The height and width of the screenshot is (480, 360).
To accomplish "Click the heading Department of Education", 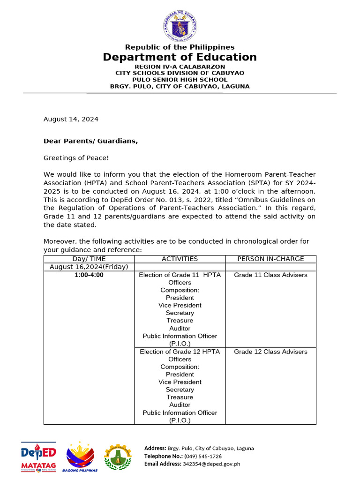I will [180, 57].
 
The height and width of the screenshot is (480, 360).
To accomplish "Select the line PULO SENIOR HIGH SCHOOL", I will [180, 80].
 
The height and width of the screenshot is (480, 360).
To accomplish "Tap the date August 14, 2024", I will [71, 119].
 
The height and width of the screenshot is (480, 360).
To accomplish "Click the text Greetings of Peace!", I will [76, 158].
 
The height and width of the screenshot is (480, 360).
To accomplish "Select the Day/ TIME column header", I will [89, 259].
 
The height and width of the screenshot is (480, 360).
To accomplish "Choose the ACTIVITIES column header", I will [180, 259].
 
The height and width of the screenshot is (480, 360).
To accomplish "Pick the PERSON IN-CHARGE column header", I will [270, 259].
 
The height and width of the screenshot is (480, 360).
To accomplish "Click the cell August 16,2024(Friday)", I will [89, 267].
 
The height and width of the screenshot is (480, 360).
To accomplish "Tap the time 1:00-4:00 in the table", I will [89, 275].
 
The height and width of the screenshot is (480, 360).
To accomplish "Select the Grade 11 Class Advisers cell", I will [270, 275].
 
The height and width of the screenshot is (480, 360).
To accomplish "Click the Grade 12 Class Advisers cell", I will [270, 352].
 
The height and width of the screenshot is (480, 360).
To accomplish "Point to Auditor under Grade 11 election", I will [180, 329].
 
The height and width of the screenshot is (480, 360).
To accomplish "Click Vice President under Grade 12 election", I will [180, 382].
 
